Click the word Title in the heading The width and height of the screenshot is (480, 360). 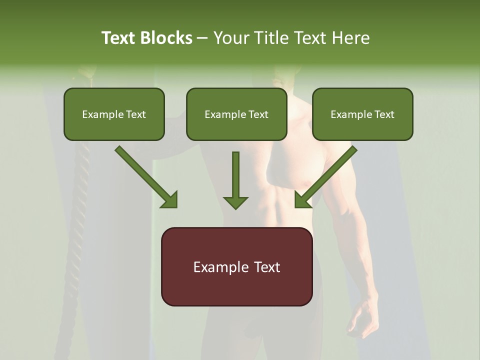click(269, 38)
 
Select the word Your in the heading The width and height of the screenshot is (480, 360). click(231, 38)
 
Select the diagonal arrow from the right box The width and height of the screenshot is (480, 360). click(330, 172)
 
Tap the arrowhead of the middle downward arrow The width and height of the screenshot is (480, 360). click(235, 202)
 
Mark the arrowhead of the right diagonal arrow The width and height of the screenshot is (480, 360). click(302, 200)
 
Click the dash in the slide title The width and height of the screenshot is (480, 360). click(202, 38)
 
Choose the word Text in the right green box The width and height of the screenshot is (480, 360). click(385, 114)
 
